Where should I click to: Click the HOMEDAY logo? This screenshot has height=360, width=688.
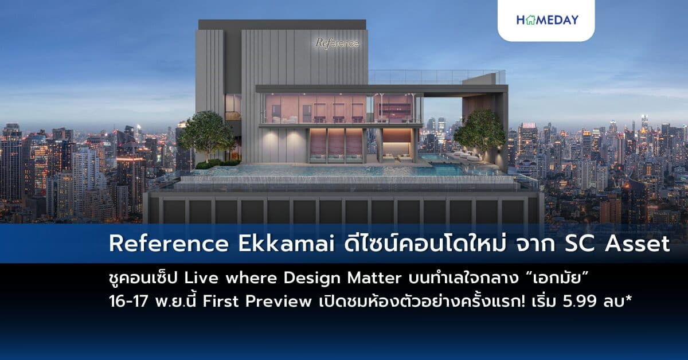coord(547,20)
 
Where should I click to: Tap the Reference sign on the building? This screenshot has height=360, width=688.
coord(337,43)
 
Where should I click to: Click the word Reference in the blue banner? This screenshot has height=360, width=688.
coord(168,244)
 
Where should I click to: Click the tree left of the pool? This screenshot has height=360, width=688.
coord(206,135)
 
